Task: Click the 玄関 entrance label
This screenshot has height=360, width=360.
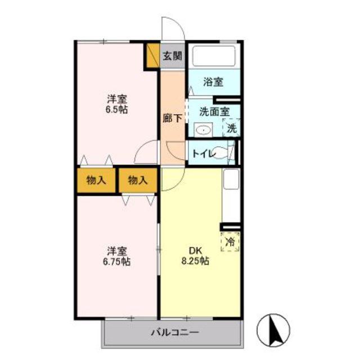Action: (173, 56)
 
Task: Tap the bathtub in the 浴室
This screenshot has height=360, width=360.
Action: (214, 56)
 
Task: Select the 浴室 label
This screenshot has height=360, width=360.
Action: (213, 82)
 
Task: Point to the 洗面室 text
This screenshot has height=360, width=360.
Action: (214, 112)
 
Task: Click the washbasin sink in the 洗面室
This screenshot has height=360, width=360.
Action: (204, 130)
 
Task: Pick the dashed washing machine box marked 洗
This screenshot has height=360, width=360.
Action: (231, 128)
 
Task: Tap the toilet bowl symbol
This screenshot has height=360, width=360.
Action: (222, 152)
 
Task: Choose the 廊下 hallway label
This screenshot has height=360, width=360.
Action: (173, 118)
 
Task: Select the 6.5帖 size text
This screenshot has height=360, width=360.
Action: (116, 110)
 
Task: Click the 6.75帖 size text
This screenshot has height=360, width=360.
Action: (116, 262)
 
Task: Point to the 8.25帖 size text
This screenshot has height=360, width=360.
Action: (195, 261)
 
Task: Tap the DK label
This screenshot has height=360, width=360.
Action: (195, 250)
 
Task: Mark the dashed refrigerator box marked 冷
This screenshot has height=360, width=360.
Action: (230, 241)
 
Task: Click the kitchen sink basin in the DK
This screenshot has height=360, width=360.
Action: (231, 179)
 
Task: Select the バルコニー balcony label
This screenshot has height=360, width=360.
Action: (174, 332)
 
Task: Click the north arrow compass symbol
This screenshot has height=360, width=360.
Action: (273, 330)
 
